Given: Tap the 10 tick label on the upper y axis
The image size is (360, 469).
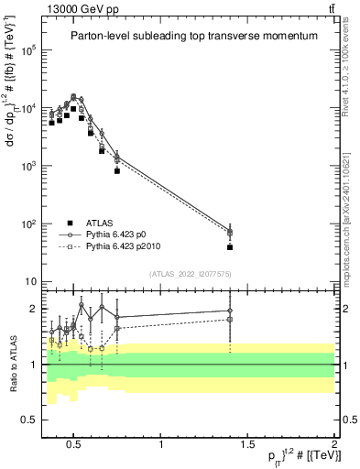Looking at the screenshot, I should (x=31, y=282).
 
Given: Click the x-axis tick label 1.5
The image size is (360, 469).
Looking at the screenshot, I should (x=247, y=445).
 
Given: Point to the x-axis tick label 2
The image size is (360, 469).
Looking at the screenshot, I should (x=334, y=445).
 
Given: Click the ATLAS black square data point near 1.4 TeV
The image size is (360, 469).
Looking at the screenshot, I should (x=230, y=247).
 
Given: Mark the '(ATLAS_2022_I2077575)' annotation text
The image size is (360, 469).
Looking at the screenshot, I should (x=190, y=273).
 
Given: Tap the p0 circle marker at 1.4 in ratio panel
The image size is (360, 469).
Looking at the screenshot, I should (x=230, y=311).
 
